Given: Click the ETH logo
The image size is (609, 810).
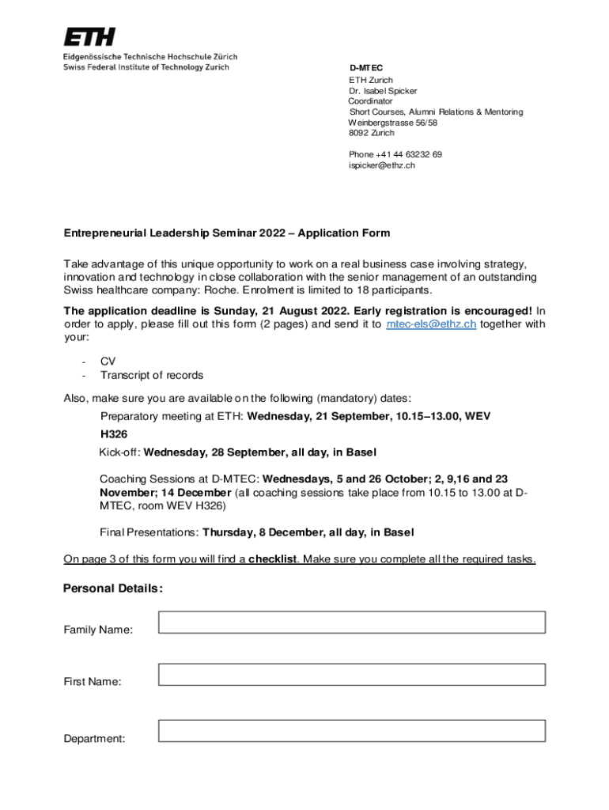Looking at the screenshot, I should point(89,36).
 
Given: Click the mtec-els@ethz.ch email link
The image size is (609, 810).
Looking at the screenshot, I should point(430,324).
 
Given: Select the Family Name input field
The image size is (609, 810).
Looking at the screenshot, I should point(352,623).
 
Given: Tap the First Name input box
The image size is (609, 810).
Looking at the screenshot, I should point(352,674).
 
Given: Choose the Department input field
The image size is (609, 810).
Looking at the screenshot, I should point(352,731).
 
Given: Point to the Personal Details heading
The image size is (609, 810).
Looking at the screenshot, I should point(113,589).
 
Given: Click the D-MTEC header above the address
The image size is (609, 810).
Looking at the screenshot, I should point(366,69).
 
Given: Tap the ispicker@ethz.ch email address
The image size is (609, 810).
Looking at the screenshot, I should point(381,165).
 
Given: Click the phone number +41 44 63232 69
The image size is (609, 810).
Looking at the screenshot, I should point(395,154).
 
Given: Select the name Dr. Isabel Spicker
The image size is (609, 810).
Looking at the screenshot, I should point(383,91).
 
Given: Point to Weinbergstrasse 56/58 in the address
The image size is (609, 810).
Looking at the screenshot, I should point(392,123).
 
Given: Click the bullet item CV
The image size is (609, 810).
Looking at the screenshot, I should point(108,361).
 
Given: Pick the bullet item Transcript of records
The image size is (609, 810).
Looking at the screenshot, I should point(151,375).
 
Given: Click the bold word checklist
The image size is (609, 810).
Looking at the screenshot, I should point(273,560).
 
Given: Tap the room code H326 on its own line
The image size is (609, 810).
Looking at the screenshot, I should point(114,434).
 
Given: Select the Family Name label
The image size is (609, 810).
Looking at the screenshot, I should point(98,630).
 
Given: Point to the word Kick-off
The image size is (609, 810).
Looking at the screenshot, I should point(119,452).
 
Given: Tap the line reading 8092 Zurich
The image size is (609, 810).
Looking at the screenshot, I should point(371,133).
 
